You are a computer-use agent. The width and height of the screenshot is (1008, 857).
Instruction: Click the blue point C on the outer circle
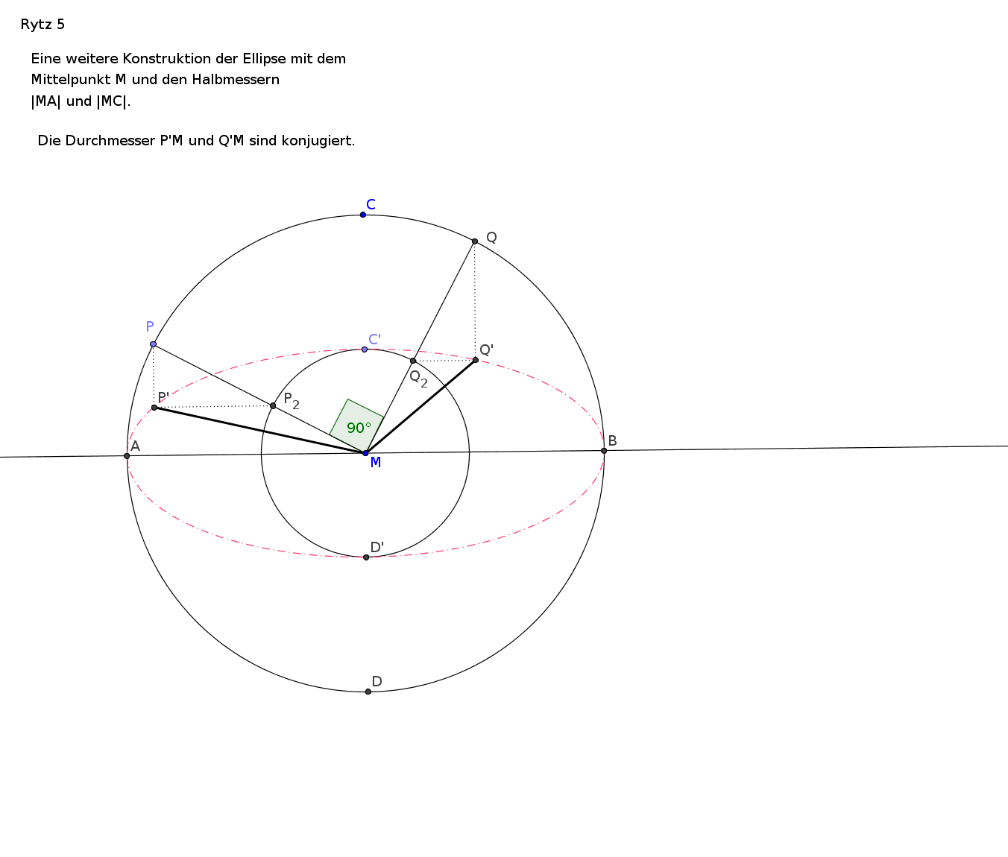(363, 215)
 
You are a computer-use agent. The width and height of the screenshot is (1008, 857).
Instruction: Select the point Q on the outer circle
(474, 241)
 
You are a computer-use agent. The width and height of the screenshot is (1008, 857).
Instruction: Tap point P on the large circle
(153, 344)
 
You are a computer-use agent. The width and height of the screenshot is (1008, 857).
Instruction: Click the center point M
(365, 453)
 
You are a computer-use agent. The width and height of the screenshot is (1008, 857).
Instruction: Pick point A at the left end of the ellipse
(127, 456)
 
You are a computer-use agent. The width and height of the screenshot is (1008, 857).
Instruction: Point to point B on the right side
(604, 451)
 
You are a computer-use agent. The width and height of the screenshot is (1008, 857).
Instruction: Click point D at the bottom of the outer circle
(368, 692)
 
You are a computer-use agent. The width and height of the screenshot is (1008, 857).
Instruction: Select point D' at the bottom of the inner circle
(366, 557)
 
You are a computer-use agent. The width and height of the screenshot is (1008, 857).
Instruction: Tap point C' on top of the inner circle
(365, 350)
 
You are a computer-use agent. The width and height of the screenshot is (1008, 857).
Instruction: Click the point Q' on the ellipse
(476, 360)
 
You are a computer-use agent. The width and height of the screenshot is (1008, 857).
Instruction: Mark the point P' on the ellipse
(154, 408)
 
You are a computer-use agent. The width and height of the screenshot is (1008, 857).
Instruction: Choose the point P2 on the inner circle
(273, 405)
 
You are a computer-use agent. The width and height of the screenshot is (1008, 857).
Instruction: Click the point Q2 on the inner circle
(413, 361)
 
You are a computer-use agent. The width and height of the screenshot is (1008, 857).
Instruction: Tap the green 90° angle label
(359, 428)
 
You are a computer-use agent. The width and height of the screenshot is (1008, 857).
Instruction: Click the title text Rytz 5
(43, 25)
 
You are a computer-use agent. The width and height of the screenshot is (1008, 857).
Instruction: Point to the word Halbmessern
(236, 80)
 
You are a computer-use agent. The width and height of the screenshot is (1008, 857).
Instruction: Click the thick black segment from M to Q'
(420, 407)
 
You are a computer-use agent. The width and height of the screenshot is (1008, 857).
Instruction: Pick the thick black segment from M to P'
(259, 431)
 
